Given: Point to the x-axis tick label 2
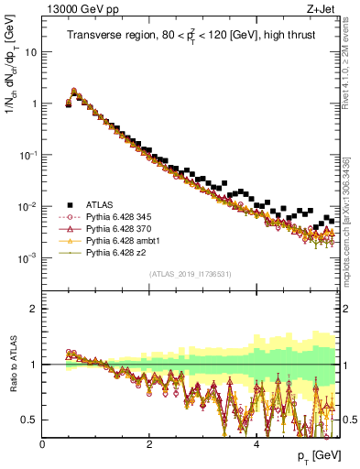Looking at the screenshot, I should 149,443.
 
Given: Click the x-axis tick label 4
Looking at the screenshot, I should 256,443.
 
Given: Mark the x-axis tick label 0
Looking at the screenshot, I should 42,443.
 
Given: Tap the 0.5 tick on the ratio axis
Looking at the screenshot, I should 31,420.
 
